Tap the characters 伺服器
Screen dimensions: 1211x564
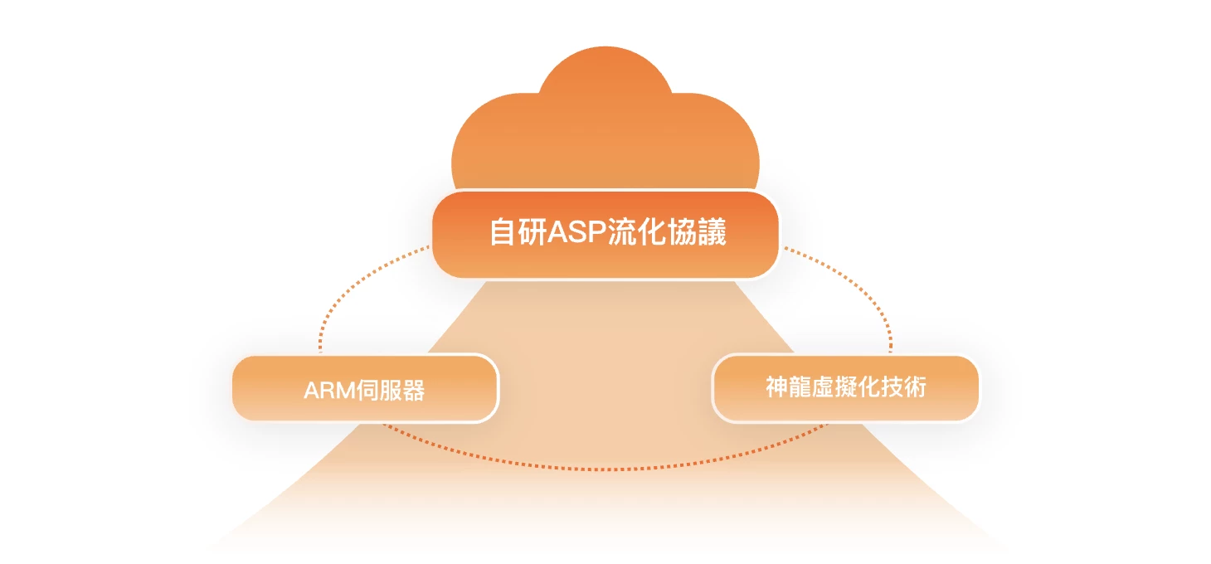(390, 391)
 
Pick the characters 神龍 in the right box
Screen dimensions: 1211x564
(787, 387)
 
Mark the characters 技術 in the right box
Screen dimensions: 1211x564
(906, 387)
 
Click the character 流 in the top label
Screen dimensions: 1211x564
(623, 233)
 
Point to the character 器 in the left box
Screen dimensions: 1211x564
(413, 391)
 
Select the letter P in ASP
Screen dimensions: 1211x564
(597, 233)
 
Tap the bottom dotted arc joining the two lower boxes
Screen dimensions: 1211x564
(605, 469)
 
